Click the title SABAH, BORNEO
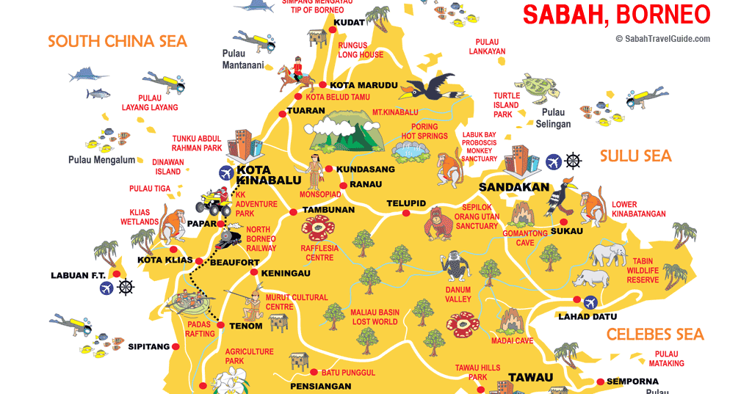pos(615,14)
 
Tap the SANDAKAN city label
pos(514,187)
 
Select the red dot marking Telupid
pos(405,214)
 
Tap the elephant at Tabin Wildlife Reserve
pos(607,254)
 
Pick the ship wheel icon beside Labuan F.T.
pos(126,288)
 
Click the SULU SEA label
pos(635,156)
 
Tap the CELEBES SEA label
pos(655,335)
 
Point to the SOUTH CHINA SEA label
pos(117,41)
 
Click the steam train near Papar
pos(229,236)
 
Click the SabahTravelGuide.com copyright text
pos(662,39)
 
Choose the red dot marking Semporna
pos(600,382)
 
